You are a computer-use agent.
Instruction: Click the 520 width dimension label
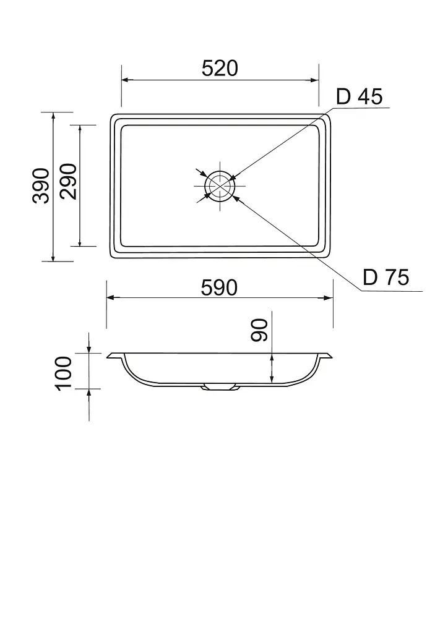[220, 68]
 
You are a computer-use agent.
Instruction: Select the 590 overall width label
[219, 288]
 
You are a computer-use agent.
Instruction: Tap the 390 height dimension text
[41, 185]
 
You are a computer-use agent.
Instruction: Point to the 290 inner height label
[68, 181]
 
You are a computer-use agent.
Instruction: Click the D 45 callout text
[359, 96]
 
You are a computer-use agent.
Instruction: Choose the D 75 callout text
[386, 278]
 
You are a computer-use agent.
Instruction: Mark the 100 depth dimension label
[63, 373]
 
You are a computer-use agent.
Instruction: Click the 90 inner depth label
[259, 330]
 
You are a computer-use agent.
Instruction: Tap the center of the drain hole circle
[220, 185]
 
